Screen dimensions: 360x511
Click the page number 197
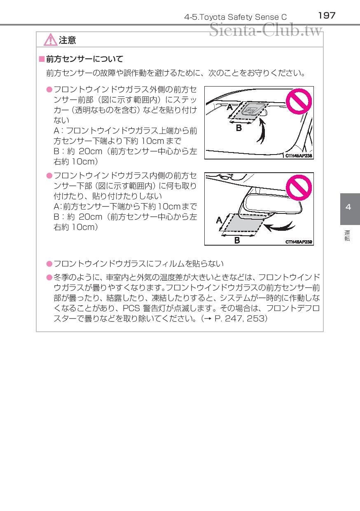327,16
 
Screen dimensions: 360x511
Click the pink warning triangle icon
50,40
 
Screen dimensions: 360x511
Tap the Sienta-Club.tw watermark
266,30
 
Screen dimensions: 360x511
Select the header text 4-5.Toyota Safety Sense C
235,17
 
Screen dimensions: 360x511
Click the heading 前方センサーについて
84,59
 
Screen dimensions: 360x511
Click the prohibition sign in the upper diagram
299,101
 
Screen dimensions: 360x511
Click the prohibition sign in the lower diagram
299,188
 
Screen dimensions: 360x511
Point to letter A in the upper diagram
230,107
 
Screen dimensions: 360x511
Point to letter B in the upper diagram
239,128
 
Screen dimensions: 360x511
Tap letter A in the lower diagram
219,220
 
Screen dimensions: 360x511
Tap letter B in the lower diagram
237,240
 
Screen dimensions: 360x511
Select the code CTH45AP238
299,156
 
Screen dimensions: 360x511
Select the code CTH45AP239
299,242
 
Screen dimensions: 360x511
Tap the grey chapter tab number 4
348,207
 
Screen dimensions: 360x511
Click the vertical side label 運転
347,236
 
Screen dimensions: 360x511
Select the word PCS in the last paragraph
131,308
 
